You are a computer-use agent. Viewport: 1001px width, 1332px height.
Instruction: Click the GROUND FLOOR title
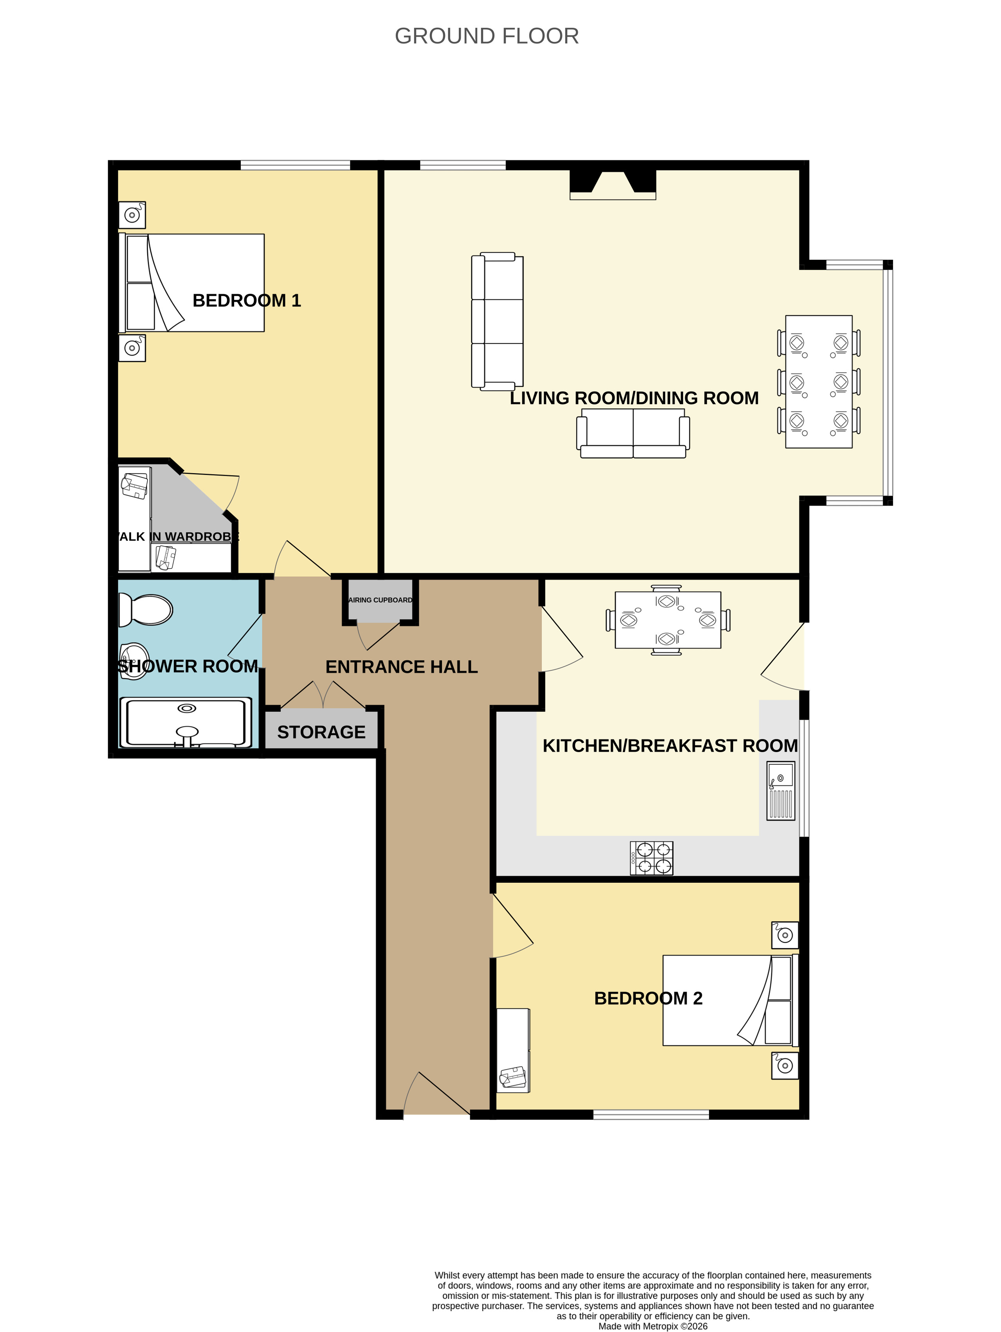[487, 36]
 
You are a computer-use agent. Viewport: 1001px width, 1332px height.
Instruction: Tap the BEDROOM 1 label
[246, 301]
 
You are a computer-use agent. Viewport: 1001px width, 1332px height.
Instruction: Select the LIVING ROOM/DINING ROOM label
[634, 398]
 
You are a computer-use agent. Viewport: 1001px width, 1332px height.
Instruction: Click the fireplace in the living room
[613, 184]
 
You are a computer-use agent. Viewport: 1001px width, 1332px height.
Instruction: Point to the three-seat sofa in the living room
[497, 322]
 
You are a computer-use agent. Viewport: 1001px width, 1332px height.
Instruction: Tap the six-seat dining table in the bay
[819, 382]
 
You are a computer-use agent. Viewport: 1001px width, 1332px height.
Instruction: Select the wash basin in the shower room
[134, 661]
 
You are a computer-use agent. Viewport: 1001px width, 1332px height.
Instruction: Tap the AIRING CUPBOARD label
[381, 600]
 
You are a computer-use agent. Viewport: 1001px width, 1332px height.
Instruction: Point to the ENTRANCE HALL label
[402, 667]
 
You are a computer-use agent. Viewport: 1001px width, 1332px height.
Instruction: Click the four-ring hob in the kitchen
[652, 857]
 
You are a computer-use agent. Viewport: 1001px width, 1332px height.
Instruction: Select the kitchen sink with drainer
[781, 791]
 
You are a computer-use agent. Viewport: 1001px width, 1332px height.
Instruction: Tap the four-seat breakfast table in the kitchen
[668, 620]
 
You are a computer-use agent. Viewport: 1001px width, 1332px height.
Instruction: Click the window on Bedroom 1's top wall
[295, 165]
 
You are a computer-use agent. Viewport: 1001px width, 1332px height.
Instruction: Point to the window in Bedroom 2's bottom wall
[651, 1114]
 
